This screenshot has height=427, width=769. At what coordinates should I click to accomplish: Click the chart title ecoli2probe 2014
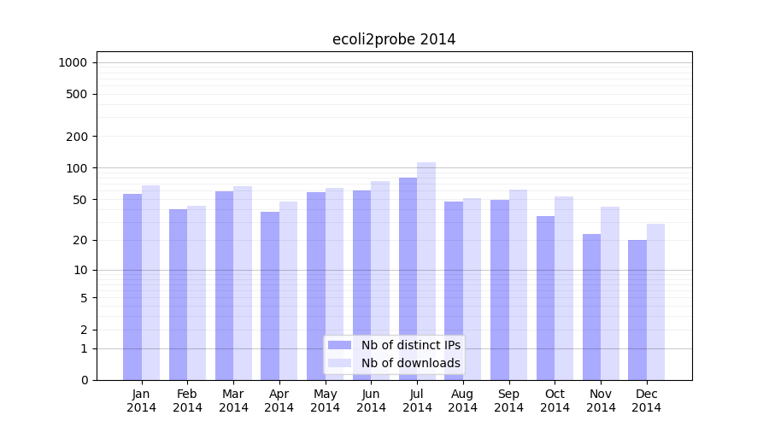(394, 39)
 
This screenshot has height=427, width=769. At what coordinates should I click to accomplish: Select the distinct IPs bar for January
(132, 287)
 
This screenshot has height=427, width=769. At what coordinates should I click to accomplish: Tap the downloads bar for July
(426, 271)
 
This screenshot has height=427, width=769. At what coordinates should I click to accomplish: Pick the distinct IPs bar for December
(637, 310)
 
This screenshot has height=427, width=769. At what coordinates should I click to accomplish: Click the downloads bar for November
(610, 293)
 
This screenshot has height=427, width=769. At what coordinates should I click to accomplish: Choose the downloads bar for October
(564, 288)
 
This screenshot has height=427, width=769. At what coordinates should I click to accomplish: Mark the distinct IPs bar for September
(500, 290)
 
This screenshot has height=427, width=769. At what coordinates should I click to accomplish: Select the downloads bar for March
(243, 283)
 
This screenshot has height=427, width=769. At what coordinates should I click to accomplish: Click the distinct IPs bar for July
(408, 278)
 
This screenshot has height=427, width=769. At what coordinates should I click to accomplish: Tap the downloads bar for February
(197, 293)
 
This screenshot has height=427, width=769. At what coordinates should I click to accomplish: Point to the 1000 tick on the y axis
(73, 62)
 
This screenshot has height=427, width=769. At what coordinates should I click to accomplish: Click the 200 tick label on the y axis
(78, 137)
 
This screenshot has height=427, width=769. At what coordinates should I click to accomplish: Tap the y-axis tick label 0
(84, 380)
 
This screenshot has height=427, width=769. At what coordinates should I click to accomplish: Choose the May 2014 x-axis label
(326, 401)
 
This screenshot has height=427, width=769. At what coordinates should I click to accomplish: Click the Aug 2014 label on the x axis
(463, 401)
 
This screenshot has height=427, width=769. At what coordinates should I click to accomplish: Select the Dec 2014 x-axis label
(647, 401)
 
